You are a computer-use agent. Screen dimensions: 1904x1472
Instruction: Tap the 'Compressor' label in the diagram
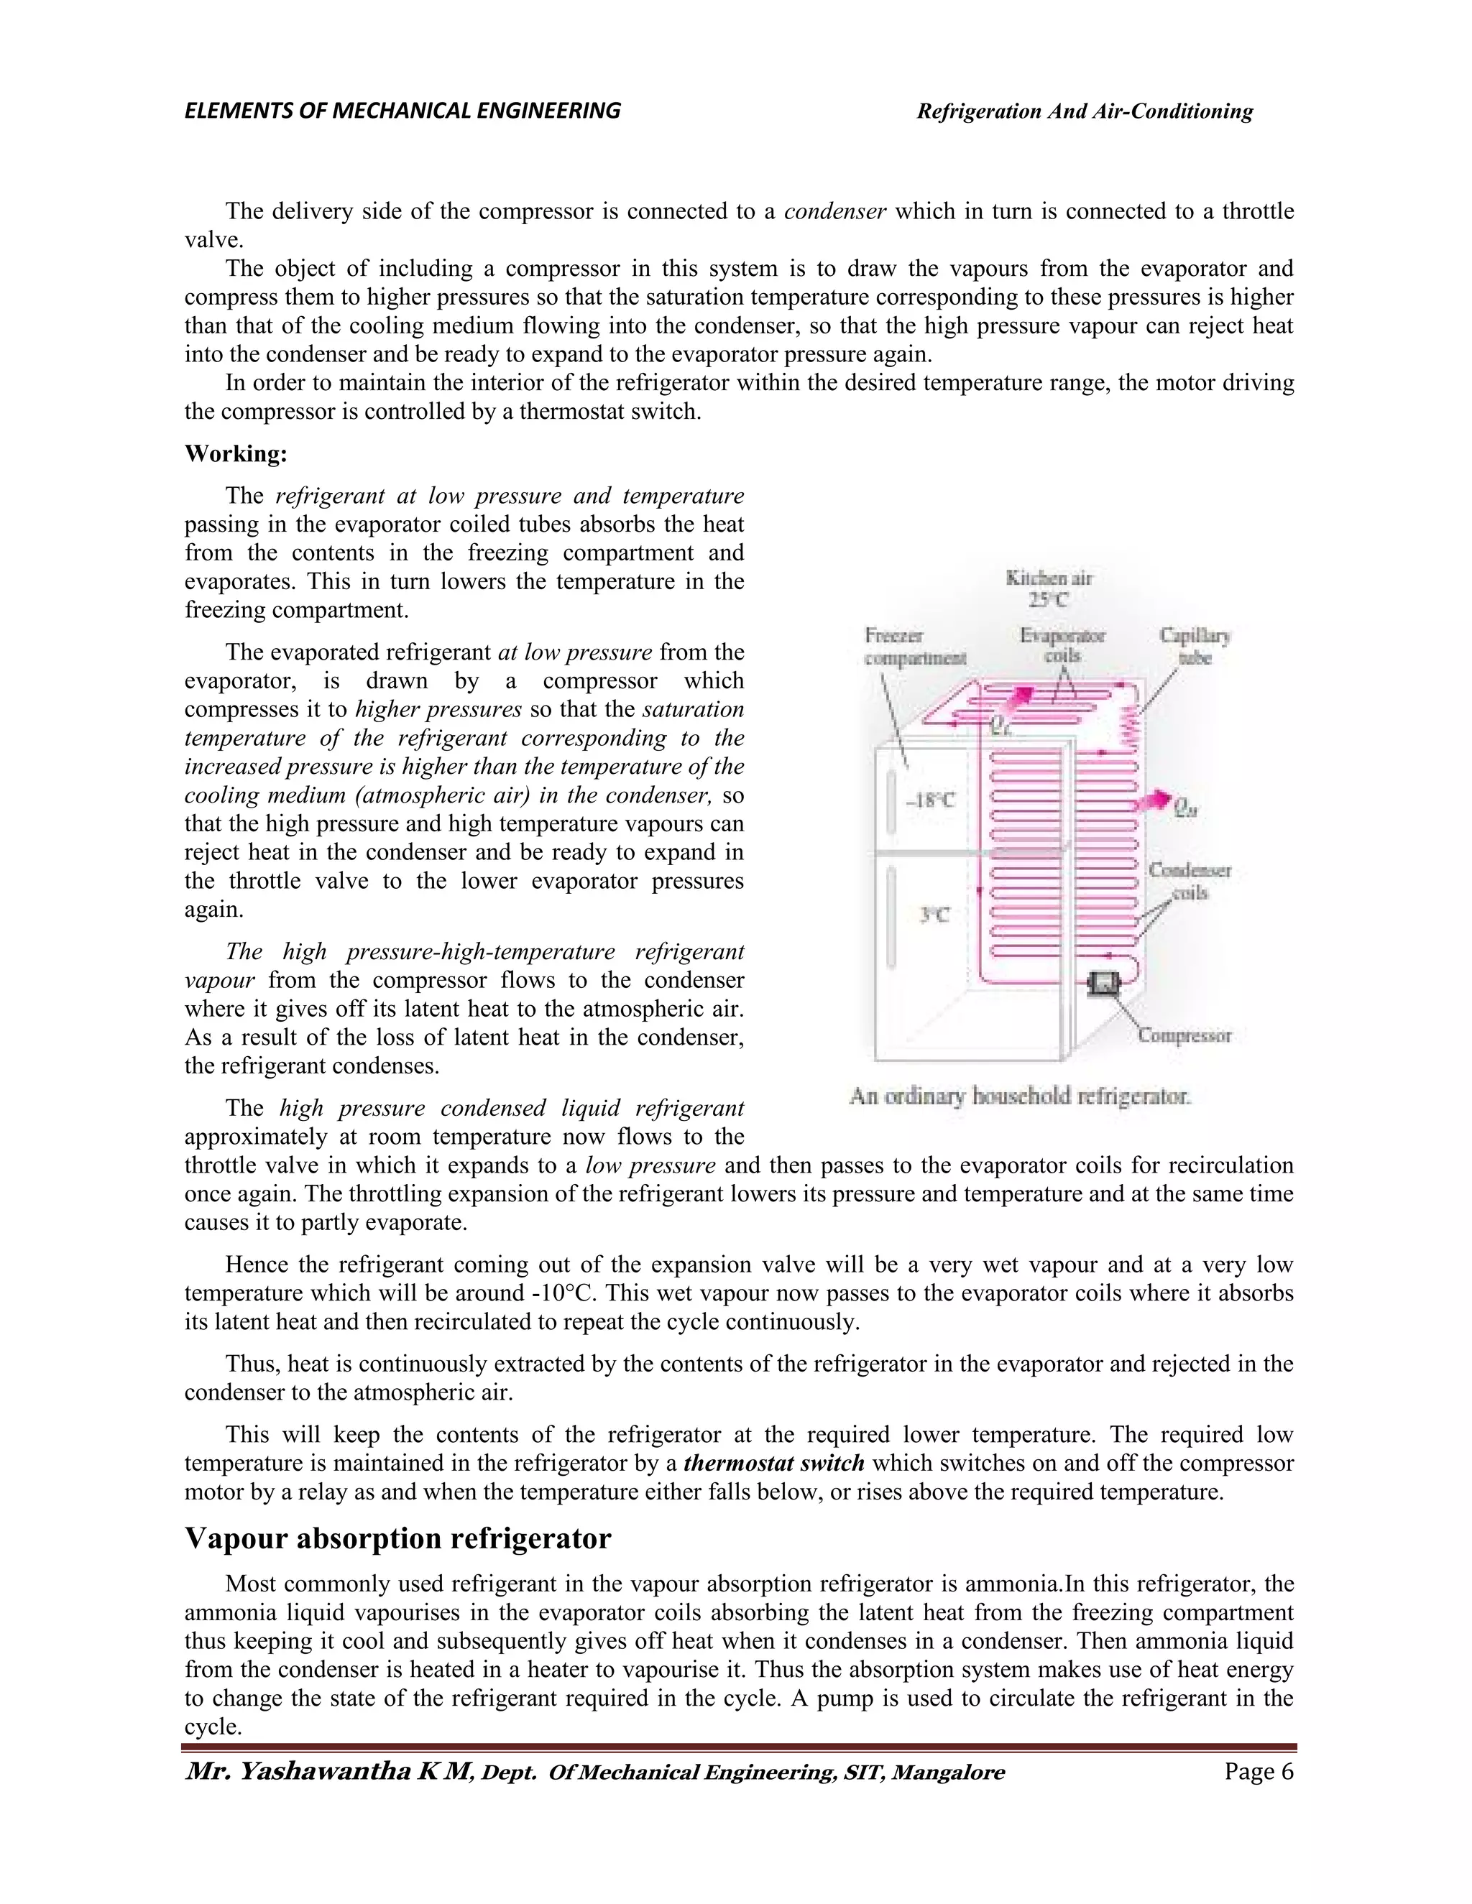pyautogui.click(x=1184, y=1035)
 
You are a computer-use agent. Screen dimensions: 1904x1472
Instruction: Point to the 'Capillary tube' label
pyautogui.click(x=1195, y=646)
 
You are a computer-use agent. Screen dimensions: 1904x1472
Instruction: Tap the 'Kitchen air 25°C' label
pyautogui.click(x=1048, y=588)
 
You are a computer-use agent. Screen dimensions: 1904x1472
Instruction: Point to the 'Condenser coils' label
pyautogui.click(x=1190, y=881)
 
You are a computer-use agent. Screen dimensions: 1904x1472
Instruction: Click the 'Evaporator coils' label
pyautogui.click(x=1062, y=645)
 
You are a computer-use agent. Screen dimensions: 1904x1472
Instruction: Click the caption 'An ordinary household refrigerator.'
pyautogui.click(x=1019, y=1096)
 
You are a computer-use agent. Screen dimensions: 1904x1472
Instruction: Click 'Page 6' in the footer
pyautogui.click(x=1259, y=1772)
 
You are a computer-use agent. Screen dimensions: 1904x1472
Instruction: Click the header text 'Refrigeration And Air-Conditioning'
pyautogui.click(x=1084, y=111)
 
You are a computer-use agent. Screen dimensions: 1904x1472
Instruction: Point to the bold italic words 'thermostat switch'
pyautogui.click(x=773, y=1463)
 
